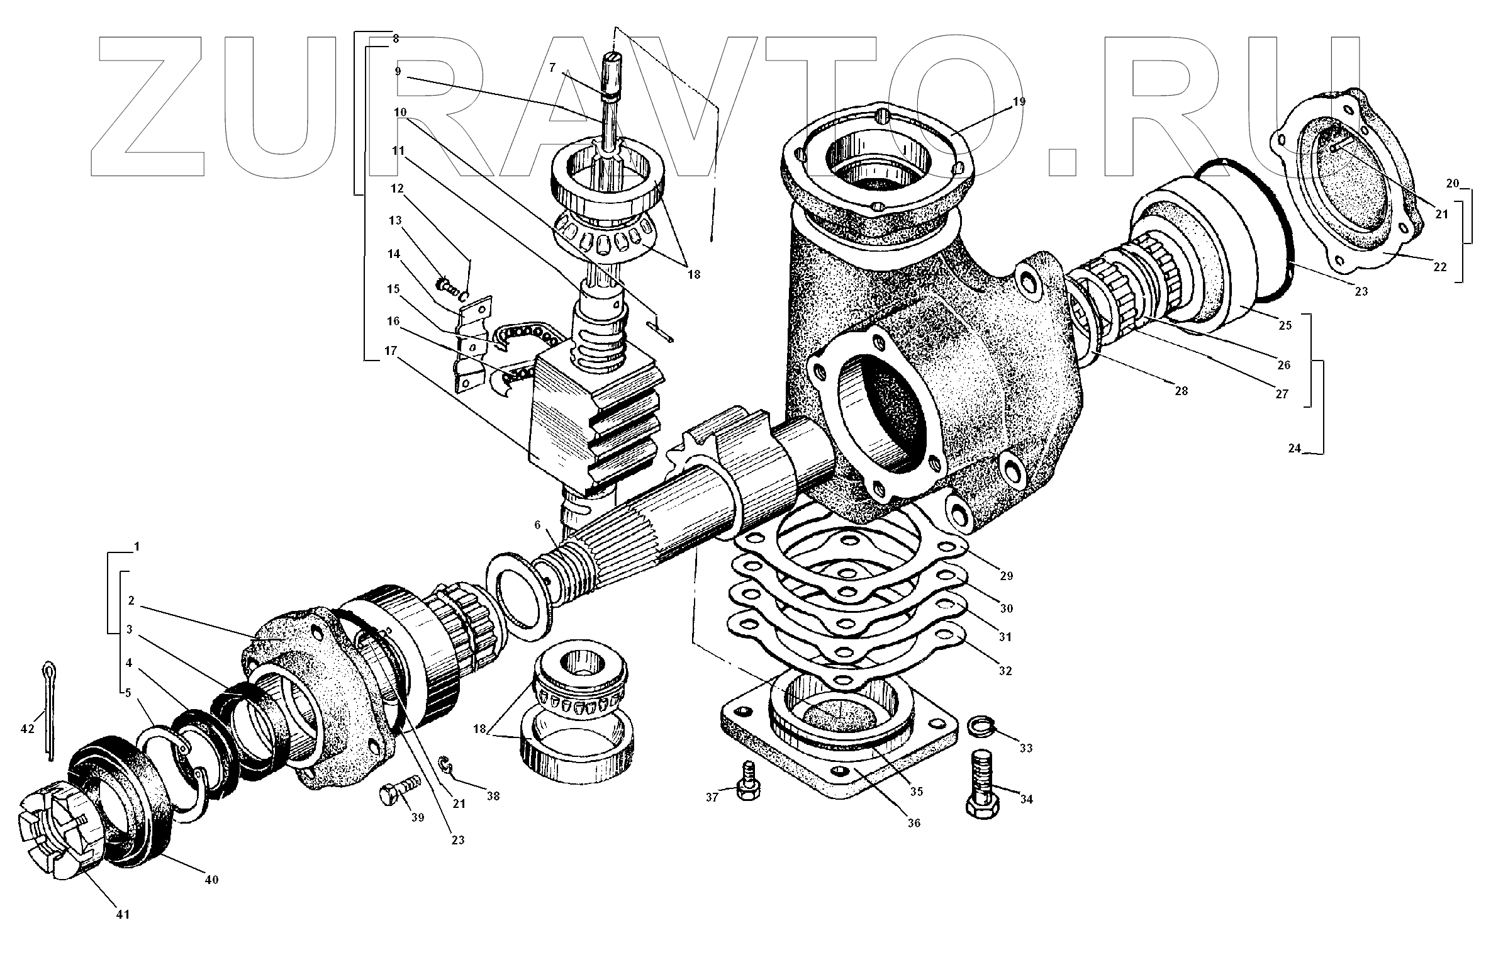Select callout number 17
coord(391,350)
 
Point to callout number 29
coord(1006,576)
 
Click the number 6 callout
coord(537,525)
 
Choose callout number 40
coord(211,880)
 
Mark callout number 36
coord(914,822)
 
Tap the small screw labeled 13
coord(449,287)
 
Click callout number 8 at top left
coord(396,38)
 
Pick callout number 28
coord(1181,390)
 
